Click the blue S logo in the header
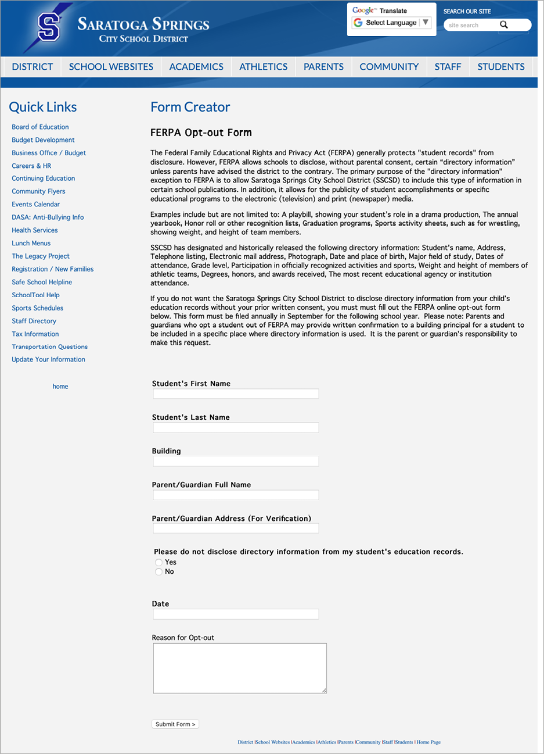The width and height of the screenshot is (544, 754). click(49, 27)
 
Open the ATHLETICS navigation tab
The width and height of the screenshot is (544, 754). click(263, 67)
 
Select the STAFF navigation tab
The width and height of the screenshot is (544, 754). click(448, 67)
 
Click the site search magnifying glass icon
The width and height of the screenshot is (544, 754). click(503, 25)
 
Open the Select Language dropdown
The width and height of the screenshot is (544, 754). click(391, 23)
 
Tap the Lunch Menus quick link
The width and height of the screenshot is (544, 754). click(31, 243)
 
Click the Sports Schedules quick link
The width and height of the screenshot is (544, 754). click(38, 308)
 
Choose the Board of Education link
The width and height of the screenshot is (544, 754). click(40, 127)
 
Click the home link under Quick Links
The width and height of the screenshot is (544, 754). click(60, 387)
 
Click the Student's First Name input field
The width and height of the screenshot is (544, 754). click(236, 394)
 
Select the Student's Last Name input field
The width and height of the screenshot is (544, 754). click(236, 428)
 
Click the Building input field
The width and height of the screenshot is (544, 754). click(236, 462)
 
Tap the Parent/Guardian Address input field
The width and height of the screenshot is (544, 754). click(236, 529)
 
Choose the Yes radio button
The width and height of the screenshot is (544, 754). click(159, 562)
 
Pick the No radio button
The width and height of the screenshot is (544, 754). click(159, 572)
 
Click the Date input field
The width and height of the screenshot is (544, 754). click(236, 614)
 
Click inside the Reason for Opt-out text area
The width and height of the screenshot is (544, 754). click(240, 668)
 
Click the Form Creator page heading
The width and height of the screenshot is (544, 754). click(190, 107)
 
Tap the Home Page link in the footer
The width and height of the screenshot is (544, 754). click(428, 742)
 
